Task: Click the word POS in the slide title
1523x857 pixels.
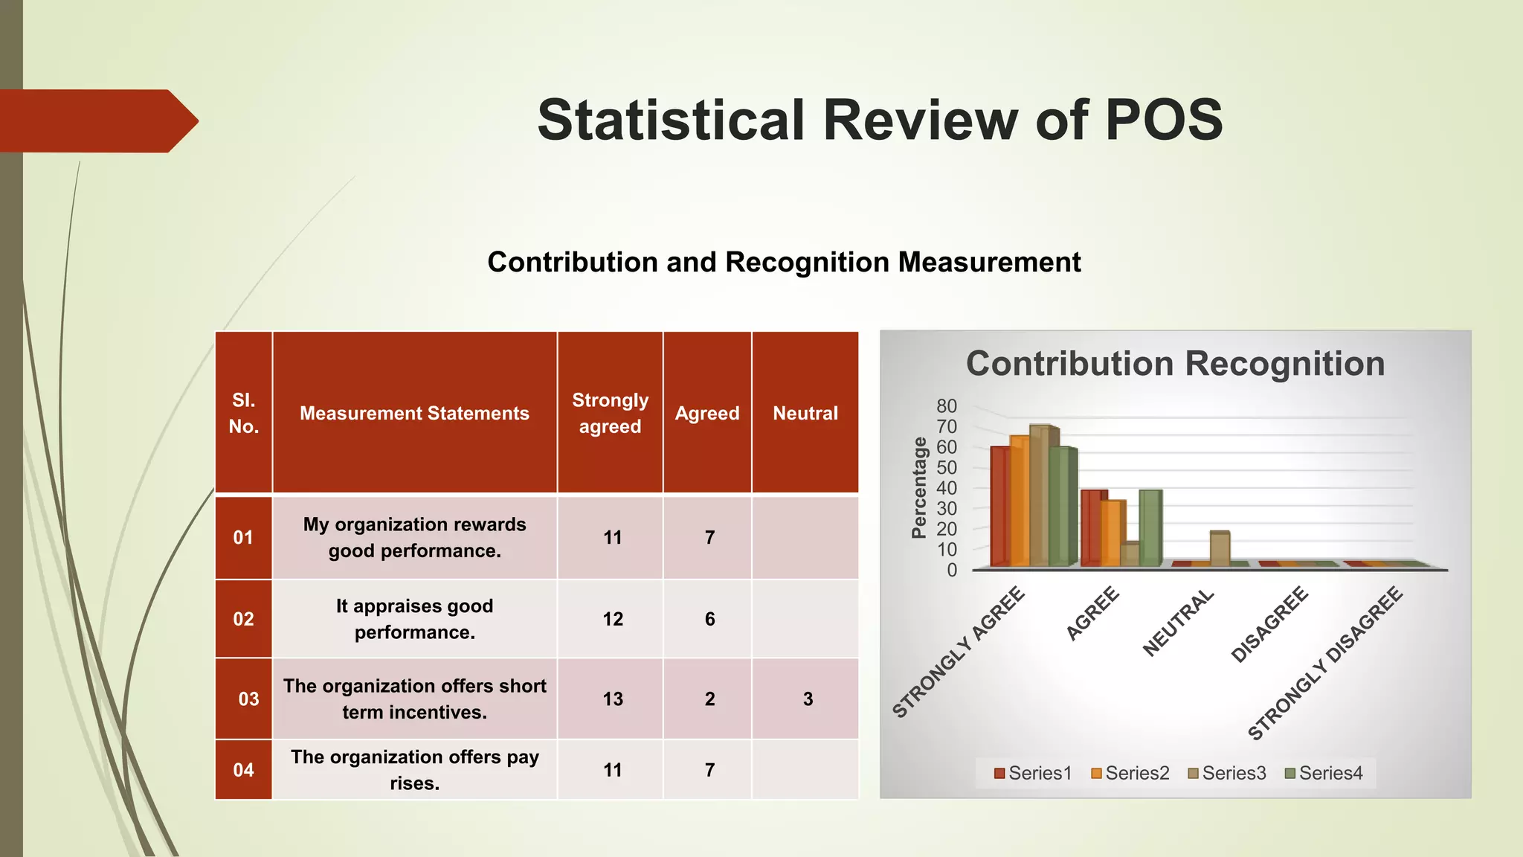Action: pyautogui.click(x=1163, y=120)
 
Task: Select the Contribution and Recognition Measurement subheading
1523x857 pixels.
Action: pyautogui.click(x=784, y=262)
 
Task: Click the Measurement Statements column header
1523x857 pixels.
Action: pyautogui.click(x=414, y=413)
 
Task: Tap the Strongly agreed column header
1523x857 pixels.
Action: pyautogui.click(x=610, y=413)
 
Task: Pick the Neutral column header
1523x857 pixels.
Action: pyautogui.click(x=805, y=413)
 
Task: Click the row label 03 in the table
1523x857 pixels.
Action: pyautogui.click(x=248, y=699)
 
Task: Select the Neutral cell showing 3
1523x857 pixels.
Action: pyautogui.click(x=808, y=699)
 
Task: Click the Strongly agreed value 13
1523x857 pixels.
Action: pyautogui.click(x=613, y=699)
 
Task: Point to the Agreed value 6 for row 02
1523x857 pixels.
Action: pyautogui.click(x=709, y=619)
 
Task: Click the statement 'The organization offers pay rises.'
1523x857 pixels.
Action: pyautogui.click(x=414, y=770)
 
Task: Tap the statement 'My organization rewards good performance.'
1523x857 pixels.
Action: pyautogui.click(x=414, y=537)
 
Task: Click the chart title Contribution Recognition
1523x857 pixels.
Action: pyautogui.click(x=1175, y=364)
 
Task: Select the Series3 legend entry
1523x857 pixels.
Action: pyautogui.click(x=1227, y=773)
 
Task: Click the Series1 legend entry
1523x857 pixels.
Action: pyautogui.click(x=1033, y=773)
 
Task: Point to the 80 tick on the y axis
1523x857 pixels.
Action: pyautogui.click(x=946, y=406)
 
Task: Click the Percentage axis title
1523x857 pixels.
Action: pyautogui.click(x=920, y=487)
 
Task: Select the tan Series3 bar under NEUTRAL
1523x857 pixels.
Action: pyautogui.click(x=1220, y=549)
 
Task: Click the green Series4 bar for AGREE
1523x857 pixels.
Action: pyautogui.click(x=1150, y=528)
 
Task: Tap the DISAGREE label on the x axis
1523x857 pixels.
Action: pyautogui.click(x=1269, y=624)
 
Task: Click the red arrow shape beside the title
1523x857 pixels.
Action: pyautogui.click(x=97, y=121)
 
